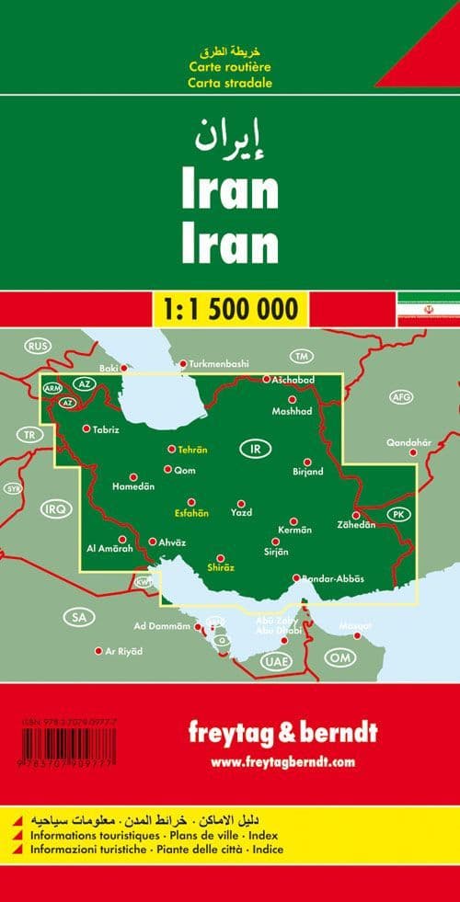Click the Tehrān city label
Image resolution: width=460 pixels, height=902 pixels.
[x=193, y=450]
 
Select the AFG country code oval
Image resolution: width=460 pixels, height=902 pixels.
[x=401, y=397]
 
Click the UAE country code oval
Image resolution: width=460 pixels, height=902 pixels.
[x=274, y=661]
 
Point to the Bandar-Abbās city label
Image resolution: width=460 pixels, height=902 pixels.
[x=333, y=577]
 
